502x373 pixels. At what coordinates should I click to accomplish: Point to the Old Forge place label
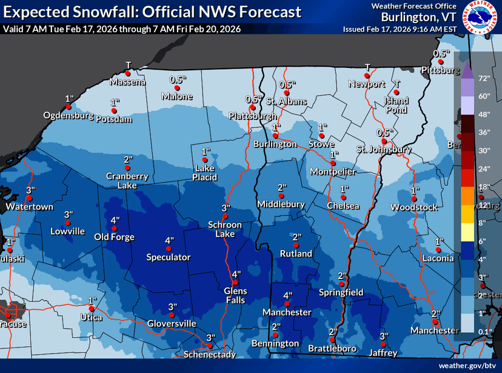pos(114,237)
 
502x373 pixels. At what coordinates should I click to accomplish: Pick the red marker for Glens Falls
pos(236,282)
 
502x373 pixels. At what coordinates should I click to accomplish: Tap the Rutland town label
pos(296,254)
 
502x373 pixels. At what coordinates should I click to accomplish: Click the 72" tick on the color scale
pos(484,79)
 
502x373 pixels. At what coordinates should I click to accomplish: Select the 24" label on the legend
pos(484,168)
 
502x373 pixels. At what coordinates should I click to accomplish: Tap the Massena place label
pos(128,82)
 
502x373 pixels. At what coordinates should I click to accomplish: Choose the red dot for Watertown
pos(30,198)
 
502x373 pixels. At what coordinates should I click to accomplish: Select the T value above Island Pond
pos(397,84)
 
